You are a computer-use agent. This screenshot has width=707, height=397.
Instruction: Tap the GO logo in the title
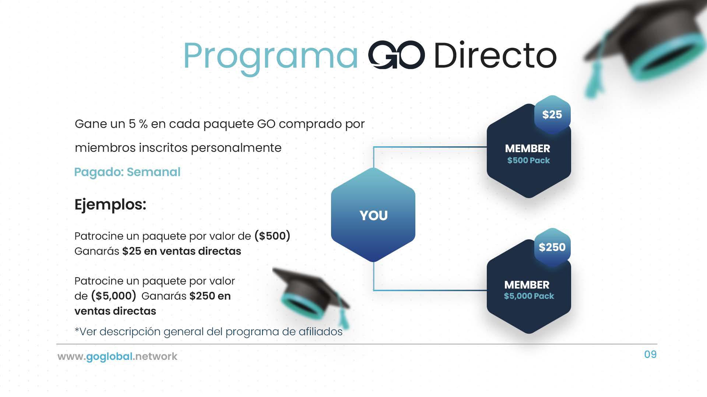click(x=396, y=55)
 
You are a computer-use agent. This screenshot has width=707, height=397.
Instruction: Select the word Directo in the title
click(x=495, y=55)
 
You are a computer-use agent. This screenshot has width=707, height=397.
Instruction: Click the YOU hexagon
click(x=373, y=215)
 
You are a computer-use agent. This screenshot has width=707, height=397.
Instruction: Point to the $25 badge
click(x=552, y=115)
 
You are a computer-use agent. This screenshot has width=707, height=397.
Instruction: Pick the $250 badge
click(x=552, y=247)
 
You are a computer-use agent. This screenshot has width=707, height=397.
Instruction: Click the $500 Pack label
click(x=528, y=160)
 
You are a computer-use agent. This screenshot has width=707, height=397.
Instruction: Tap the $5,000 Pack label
click(x=529, y=296)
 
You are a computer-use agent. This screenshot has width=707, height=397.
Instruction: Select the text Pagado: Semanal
click(x=127, y=172)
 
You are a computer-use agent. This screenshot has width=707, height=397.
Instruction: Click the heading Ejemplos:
click(x=110, y=204)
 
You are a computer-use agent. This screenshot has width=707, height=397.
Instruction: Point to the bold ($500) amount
click(x=272, y=236)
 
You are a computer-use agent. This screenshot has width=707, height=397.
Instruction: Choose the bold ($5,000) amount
click(x=114, y=296)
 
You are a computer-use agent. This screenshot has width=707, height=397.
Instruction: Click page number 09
click(x=650, y=354)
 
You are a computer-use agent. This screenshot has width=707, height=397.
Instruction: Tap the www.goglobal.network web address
click(x=117, y=356)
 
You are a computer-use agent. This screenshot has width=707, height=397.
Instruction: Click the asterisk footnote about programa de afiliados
click(x=208, y=332)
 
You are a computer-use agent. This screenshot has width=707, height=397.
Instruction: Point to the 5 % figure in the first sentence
click(x=138, y=124)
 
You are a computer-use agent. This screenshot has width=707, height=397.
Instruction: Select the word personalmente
click(x=236, y=148)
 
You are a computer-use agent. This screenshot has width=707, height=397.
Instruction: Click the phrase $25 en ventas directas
click(x=182, y=251)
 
